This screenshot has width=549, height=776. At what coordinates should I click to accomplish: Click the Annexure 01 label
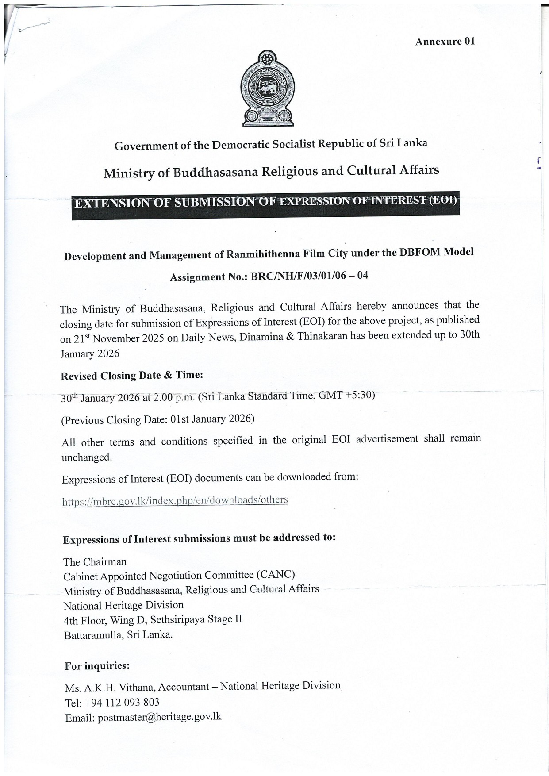445,42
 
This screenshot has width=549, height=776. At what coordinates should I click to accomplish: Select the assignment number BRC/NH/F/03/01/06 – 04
309,276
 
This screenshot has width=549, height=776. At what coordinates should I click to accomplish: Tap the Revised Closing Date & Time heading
132,376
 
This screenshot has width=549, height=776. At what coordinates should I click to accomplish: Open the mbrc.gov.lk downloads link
175,500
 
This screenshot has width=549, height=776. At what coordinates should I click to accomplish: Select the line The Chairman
95,562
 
